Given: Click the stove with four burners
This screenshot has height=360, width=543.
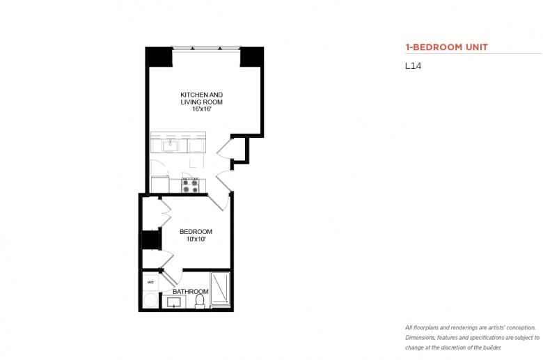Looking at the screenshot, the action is pyautogui.click(x=190, y=185).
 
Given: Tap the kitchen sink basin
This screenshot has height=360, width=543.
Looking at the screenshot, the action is pyautogui.click(x=171, y=146).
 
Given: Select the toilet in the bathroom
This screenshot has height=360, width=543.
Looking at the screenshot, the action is pyautogui.click(x=200, y=301).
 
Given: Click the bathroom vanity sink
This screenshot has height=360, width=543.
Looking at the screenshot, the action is pyautogui.click(x=173, y=302).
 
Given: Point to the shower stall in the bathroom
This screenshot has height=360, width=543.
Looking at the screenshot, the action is pyautogui.click(x=220, y=289).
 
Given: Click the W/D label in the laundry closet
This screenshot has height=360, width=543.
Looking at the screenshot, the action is pyautogui.click(x=150, y=282).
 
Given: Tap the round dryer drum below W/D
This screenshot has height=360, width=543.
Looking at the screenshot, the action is pyautogui.click(x=150, y=300).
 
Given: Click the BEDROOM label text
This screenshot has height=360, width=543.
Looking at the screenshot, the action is pyautogui.click(x=196, y=231).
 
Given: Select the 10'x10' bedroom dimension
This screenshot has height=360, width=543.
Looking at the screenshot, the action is pyautogui.click(x=196, y=239).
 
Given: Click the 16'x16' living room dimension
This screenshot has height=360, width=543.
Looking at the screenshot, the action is pyautogui.click(x=202, y=109).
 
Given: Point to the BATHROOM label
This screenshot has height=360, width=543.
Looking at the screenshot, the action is pyautogui.click(x=191, y=291).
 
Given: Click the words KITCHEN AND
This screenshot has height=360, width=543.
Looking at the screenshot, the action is pyautogui.click(x=202, y=95).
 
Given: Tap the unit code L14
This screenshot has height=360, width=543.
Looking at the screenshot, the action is pyautogui.click(x=413, y=66).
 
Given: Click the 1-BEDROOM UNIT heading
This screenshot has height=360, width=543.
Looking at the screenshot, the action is pyautogui.click(x=447, y=47).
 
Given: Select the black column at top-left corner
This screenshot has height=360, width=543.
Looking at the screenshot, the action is pyautogui.click(x=159, y=56).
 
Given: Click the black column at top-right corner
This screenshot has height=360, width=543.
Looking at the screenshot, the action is pyautogui.click(x=252, y=56).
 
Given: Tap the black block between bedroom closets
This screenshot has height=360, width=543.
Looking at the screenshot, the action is pyautogui.click(x=151, y=239).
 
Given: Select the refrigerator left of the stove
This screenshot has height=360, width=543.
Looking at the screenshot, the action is pyautogui.click(x=160, y=184).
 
